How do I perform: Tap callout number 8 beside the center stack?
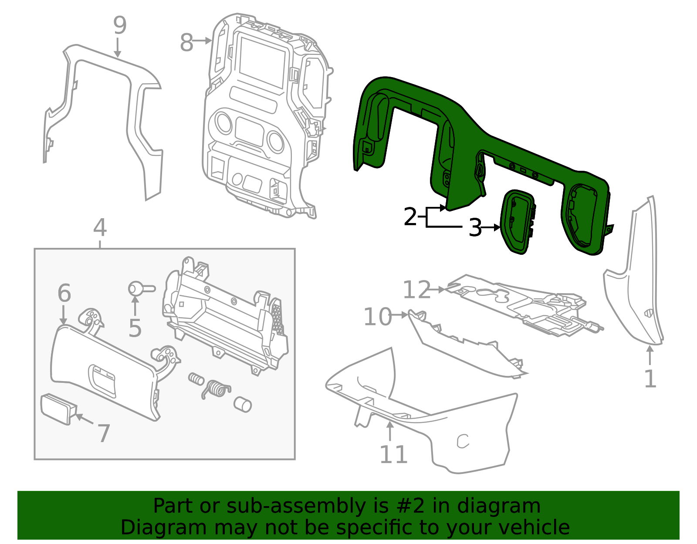point(186,43)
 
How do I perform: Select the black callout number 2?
point(410,216)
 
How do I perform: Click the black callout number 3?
point(475,227)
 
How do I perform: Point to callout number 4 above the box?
point(100,227)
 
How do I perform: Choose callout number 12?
point(416,290)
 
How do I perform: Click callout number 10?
point(377,317)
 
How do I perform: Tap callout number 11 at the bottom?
point(393,455)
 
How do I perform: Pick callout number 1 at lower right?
point(650,378)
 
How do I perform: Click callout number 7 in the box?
point(104,433)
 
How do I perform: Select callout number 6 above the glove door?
point(64,293)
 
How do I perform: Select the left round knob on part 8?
point(223,123)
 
